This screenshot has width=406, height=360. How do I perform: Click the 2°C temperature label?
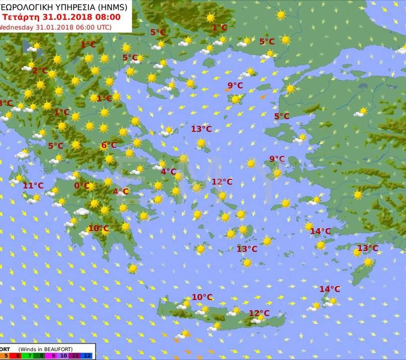40,71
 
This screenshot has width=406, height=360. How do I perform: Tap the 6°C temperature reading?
108,146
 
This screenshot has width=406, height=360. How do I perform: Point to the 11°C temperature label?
33,186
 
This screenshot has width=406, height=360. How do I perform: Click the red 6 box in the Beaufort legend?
16,356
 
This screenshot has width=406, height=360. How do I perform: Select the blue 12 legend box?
86,356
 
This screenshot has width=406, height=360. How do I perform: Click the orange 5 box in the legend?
5,356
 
